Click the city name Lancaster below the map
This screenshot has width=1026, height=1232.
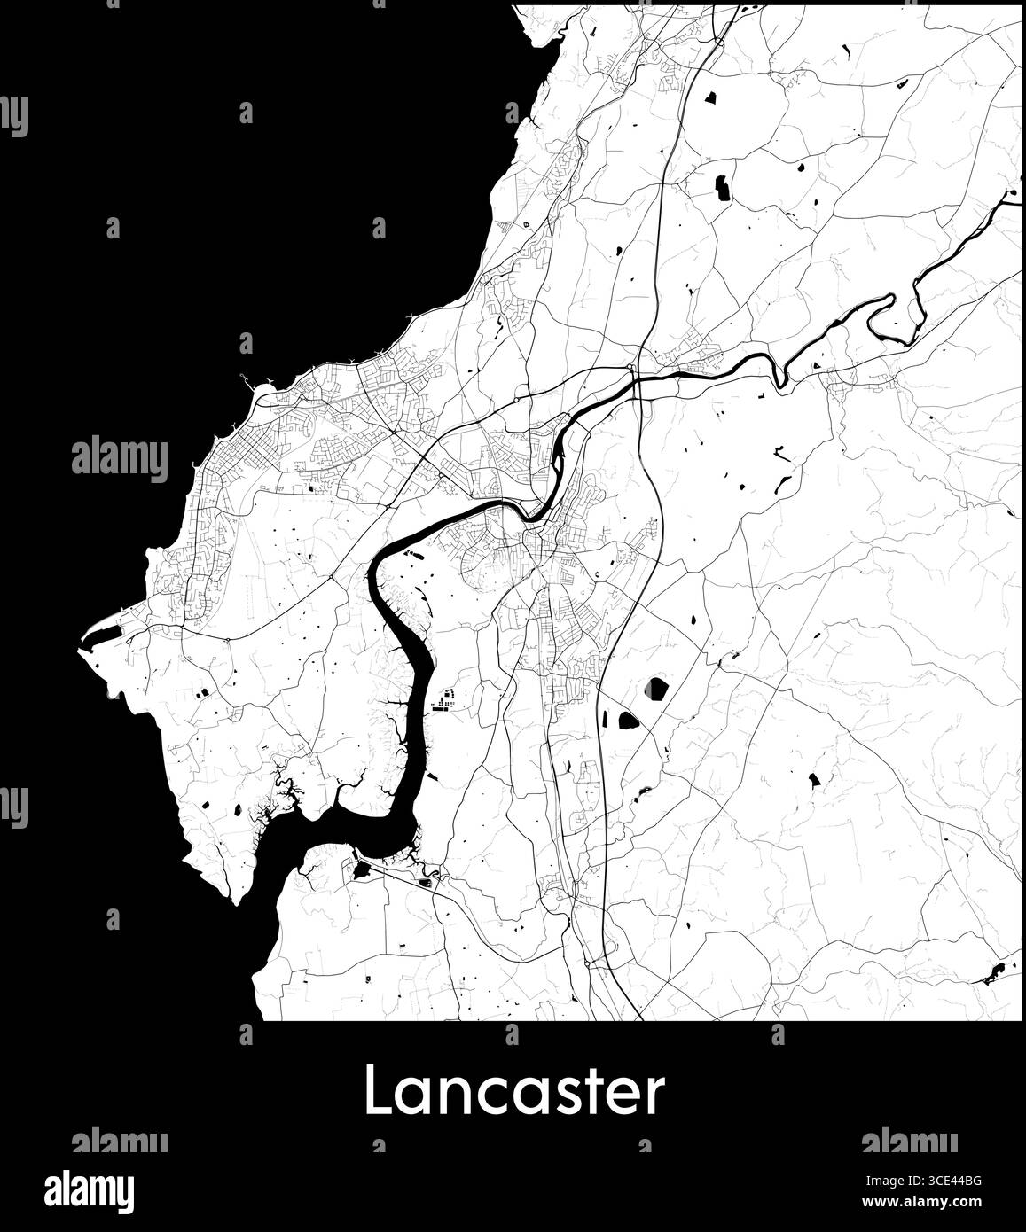513,1092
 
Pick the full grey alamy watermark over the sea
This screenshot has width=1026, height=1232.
119,460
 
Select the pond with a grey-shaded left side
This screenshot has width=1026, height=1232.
656,688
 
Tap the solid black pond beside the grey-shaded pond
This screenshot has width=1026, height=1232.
628,720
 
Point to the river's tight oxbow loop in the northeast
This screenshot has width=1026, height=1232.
891,319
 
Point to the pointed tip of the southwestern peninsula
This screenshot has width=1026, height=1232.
237,902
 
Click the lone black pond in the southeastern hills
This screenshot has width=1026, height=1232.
813,780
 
